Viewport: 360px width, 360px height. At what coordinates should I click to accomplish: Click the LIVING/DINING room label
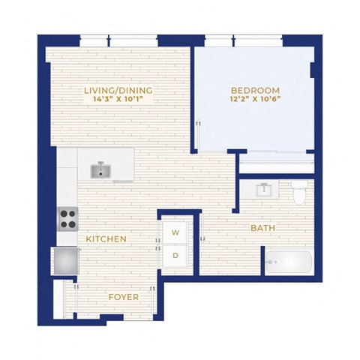coord(118,91)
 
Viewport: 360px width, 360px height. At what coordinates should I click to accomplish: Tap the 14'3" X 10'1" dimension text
coord(118,99)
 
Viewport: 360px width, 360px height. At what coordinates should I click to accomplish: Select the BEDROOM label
coord(255,91)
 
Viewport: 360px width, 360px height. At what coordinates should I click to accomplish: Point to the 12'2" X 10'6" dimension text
coord(255,99)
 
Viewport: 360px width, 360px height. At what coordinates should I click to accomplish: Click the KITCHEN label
coord(106,239)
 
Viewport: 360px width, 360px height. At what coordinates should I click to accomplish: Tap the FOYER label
coord(124,297)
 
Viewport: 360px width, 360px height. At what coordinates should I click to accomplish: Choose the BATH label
coord(262,228)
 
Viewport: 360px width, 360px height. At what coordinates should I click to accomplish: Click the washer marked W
coord(175,232)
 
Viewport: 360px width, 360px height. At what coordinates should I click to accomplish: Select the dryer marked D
coord(175,256)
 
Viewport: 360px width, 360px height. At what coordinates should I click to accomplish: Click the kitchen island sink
coord(100,171)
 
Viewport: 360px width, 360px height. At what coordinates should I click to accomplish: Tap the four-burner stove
coord(67,219)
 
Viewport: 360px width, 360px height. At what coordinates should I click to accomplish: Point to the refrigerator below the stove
coord(65,261)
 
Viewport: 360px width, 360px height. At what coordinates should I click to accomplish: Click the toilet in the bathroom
coord(299,192)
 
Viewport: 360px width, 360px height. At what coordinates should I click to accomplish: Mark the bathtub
coord(289,262)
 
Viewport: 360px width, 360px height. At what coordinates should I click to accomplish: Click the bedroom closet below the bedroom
coord(277,163)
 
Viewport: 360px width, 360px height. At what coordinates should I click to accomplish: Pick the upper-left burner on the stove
coord(64,214)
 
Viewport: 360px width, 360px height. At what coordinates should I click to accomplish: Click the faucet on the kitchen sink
coord(100,165)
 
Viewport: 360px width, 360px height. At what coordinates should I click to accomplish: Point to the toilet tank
coord(299,184)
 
